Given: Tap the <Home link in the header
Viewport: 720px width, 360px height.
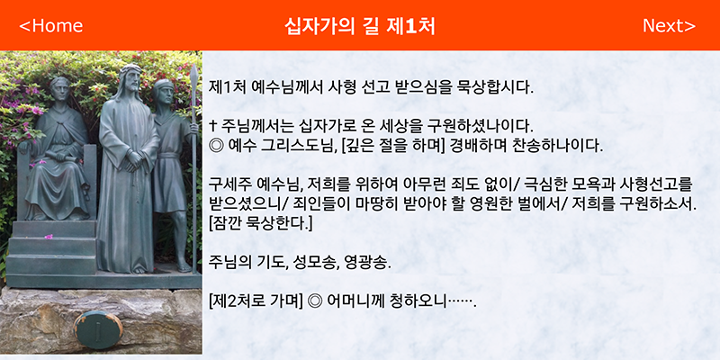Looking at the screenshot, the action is tap(51, 26).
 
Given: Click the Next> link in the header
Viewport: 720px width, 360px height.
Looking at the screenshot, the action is tap(669, 26).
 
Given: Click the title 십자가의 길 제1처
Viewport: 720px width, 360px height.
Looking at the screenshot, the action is tap(359, 26).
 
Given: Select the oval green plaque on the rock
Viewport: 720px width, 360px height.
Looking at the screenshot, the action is tap(98, 329).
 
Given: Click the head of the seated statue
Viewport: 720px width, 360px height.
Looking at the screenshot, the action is tap(60, 89).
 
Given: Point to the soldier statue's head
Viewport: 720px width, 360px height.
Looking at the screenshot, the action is tap(163, 92).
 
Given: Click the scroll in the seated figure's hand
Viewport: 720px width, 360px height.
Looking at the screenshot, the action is tap(48, 157).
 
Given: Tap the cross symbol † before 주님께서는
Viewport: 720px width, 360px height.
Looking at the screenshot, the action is tap(212, 124).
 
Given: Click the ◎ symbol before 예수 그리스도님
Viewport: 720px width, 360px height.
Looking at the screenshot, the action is tap(215, 146).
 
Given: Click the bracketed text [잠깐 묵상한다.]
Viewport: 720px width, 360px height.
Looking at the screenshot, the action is tap(260, 224).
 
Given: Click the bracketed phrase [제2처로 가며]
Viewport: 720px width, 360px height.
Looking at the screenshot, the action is tap(256, 301).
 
